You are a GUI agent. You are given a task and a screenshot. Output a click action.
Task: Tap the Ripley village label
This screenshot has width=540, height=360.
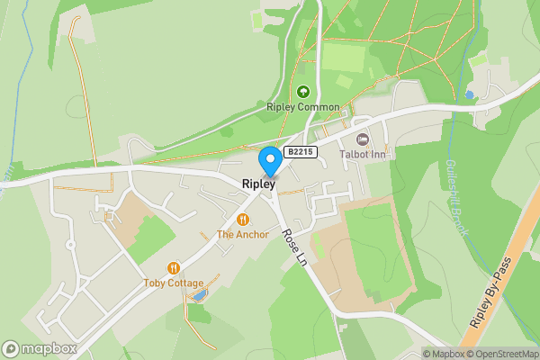point(257,184)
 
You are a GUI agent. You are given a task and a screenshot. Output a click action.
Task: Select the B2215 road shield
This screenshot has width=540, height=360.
point(300,152)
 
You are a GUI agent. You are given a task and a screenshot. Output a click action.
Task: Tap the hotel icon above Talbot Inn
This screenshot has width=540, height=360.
point(363,139)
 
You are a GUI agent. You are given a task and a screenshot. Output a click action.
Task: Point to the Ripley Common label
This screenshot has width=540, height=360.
point(303,107)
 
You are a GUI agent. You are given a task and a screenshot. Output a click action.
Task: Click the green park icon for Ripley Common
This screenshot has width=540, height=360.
point(303,91)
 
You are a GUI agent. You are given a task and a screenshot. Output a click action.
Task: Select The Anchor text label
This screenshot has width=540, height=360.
point(243,235)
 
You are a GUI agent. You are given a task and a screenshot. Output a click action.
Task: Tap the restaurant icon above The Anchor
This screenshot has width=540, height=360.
point(243,220)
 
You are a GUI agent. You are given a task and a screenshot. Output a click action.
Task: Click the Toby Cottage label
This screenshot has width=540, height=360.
point(174,283)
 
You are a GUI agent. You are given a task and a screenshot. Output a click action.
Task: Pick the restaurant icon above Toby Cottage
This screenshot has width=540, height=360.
point(174,267)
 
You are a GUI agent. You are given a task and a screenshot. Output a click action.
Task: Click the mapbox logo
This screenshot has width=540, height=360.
point(40,349)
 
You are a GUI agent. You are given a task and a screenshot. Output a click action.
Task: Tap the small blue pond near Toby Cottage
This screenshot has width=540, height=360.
point(199,294)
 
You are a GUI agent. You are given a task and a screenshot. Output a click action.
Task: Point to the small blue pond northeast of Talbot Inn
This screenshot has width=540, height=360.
point(468,94)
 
